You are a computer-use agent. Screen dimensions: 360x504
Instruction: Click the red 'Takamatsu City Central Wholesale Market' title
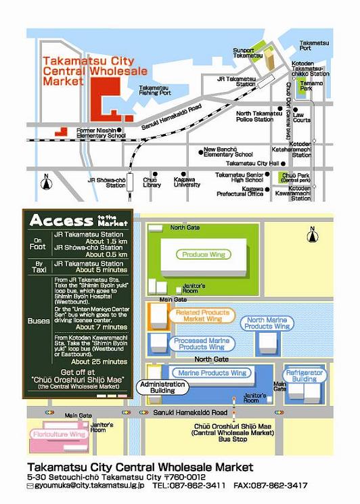coord(95,71)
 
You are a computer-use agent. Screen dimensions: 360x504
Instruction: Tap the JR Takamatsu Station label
coord(237,81)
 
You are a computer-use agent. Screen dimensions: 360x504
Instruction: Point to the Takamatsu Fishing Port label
coord(155,91)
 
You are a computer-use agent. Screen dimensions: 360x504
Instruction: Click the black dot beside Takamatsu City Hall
coord(283,164)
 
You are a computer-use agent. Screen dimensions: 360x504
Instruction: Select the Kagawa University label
coord(187,182)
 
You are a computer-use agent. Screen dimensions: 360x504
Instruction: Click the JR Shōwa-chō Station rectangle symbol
coord(130,182)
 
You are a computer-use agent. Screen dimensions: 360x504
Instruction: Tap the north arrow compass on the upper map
coord(46,183)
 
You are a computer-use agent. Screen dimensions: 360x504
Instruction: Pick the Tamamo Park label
coord(311,85)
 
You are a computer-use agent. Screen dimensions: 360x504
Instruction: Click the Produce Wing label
coord(204,254)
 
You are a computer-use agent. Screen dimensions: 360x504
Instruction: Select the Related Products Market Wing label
coord(202,316)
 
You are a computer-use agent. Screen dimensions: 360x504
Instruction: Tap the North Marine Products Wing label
coord(267,323)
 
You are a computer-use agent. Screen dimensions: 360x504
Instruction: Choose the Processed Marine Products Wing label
coord(202,344)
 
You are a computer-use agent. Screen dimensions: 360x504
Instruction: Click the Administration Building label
coord(162,388)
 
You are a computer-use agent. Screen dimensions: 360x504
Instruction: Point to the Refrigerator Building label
coord(305,375)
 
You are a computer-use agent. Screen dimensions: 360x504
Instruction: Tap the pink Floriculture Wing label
coord(60,434)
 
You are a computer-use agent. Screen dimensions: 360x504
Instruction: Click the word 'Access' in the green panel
coord(62,221)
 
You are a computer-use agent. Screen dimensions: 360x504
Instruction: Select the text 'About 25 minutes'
coord(99,362)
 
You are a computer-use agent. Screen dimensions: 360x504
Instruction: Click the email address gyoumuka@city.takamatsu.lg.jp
coord(89,485)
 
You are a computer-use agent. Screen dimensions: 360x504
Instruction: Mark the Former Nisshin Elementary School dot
coord(119,130)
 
